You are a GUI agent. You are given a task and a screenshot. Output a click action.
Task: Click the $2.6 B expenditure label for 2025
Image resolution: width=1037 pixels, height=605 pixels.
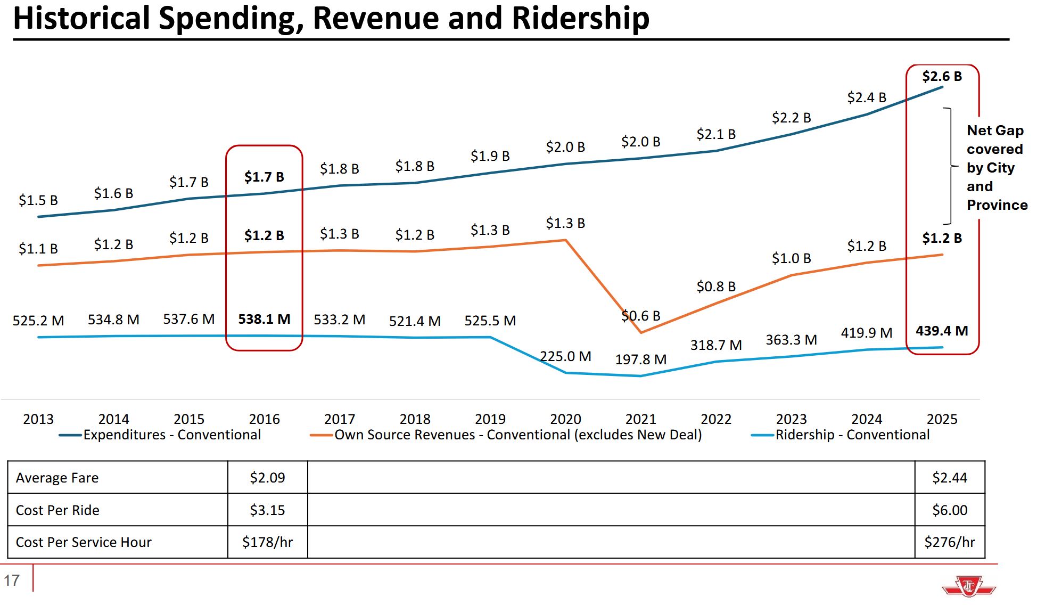tap(942, 77)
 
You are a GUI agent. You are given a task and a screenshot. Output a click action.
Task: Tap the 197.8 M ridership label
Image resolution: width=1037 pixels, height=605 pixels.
tap(640, 360)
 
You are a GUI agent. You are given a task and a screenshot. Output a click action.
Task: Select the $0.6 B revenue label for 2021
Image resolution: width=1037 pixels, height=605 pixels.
tap(640, 316)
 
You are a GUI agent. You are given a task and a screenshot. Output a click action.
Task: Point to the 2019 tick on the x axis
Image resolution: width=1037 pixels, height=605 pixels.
tap(490, 419)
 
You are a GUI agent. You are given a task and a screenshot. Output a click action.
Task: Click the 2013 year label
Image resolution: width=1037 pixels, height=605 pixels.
tap(38, 419)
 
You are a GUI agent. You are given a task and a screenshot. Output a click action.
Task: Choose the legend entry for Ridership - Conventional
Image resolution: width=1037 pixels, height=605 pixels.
tap(852, 435)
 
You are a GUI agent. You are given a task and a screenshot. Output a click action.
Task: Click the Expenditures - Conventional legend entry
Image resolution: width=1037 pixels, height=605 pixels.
tap(171, 435)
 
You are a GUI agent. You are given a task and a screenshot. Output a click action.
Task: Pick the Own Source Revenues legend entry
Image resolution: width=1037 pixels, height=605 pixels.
tap(517, 435)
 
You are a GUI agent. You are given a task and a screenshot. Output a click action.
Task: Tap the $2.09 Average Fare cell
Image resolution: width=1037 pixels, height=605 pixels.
tap(267, 478)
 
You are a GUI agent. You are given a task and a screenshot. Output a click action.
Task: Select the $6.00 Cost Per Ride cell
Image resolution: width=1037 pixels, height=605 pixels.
tap(949, 510)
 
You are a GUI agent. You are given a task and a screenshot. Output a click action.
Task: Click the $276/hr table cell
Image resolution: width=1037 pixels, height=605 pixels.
tap(949, 542)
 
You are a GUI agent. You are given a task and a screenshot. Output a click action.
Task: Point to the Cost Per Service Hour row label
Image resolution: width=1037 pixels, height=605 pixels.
tap(84, 542)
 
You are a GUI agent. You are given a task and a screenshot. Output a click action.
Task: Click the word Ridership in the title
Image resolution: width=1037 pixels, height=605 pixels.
tap(580, 18)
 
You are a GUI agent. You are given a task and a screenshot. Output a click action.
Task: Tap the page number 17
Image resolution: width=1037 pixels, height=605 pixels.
tap(12, 580)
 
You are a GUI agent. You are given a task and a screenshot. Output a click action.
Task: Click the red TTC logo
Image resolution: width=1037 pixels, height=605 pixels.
tap(968, 586)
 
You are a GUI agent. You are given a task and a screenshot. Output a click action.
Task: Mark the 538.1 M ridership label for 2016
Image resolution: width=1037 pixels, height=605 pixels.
tap(264, 320)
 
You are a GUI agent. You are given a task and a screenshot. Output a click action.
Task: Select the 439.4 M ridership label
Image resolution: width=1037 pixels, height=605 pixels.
tap(942, 331)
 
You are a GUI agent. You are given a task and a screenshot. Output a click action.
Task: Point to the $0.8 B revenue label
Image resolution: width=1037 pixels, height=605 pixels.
tap(716, 287)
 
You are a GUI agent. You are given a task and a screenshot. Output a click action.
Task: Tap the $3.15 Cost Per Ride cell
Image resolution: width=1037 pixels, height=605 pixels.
tap(267, 510)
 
